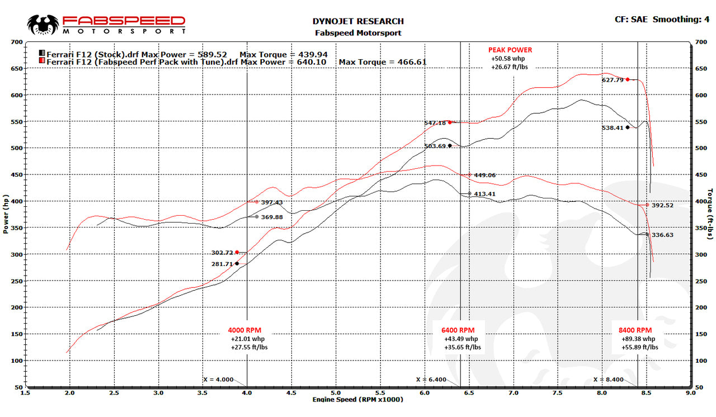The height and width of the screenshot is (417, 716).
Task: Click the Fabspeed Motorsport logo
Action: (x=106, y=24)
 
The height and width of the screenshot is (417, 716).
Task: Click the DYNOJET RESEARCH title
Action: (x=357, y=21)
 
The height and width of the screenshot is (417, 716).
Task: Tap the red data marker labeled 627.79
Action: (x=628, y=79)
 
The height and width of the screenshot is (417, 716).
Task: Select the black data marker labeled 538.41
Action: (x=628, y=127)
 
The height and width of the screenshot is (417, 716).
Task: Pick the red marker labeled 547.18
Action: (x=450, y=122)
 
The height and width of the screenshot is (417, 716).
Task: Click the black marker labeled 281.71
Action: (x=237, y=263)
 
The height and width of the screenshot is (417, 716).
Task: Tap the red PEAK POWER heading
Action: (x=510, y=50)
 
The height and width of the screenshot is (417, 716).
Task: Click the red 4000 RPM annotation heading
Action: (x=244, y=330)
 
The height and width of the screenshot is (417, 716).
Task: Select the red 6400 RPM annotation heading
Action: (x=458, y=330)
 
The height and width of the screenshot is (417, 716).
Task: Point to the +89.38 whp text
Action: (x=638, y=339)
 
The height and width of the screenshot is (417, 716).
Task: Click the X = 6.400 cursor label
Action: (x=431, y=380)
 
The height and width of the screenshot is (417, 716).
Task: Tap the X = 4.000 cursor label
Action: (x=218, y=380)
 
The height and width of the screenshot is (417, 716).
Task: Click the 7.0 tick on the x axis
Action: (x=513, y=393)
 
